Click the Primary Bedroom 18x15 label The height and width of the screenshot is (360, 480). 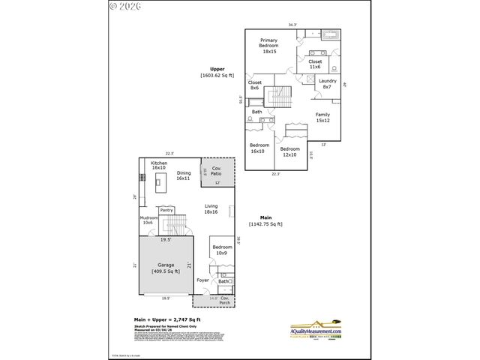coord(269,45)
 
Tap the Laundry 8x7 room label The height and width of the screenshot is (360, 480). coord(327,84)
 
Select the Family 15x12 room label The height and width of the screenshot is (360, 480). coord(322,118)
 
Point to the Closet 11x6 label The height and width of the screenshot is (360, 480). coord(315,64)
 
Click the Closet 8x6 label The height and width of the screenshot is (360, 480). coord(255,85)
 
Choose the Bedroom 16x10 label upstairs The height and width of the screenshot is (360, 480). coord(259,148)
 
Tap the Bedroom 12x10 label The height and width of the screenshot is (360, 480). coord(289,151)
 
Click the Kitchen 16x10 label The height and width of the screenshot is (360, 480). coord(159,166)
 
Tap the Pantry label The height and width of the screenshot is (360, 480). coord(166,210)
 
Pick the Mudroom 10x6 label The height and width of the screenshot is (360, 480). coord(147,220)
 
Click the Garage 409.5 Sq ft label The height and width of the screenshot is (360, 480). coord(165,268)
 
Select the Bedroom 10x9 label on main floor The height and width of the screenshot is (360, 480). coord(222,250)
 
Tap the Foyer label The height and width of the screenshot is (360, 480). coord(202,280)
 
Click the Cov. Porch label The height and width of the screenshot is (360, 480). coord(224,301)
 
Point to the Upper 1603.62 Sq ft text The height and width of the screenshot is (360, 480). coord(217,73)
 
